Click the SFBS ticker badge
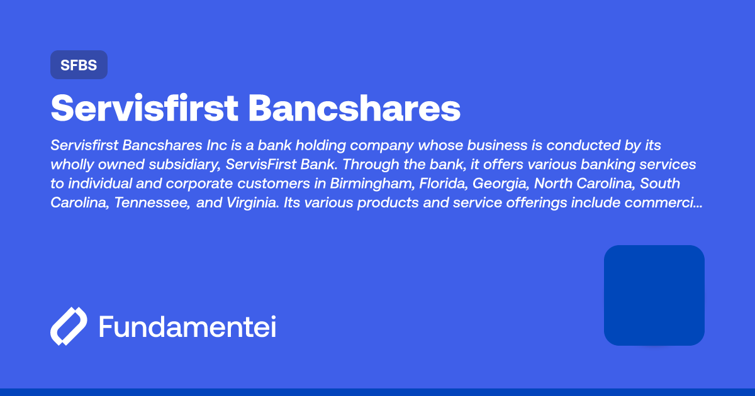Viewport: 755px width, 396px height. click(x=79, y=65)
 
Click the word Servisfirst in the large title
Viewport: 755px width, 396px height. click(x=144, y=109)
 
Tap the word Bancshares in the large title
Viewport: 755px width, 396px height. click(x=354, y=109)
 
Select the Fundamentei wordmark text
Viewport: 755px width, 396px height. click(x=187, y=327)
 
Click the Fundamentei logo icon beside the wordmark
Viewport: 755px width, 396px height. click(x=68, y=327)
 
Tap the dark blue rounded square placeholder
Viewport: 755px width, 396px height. click(x=654, y=295)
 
